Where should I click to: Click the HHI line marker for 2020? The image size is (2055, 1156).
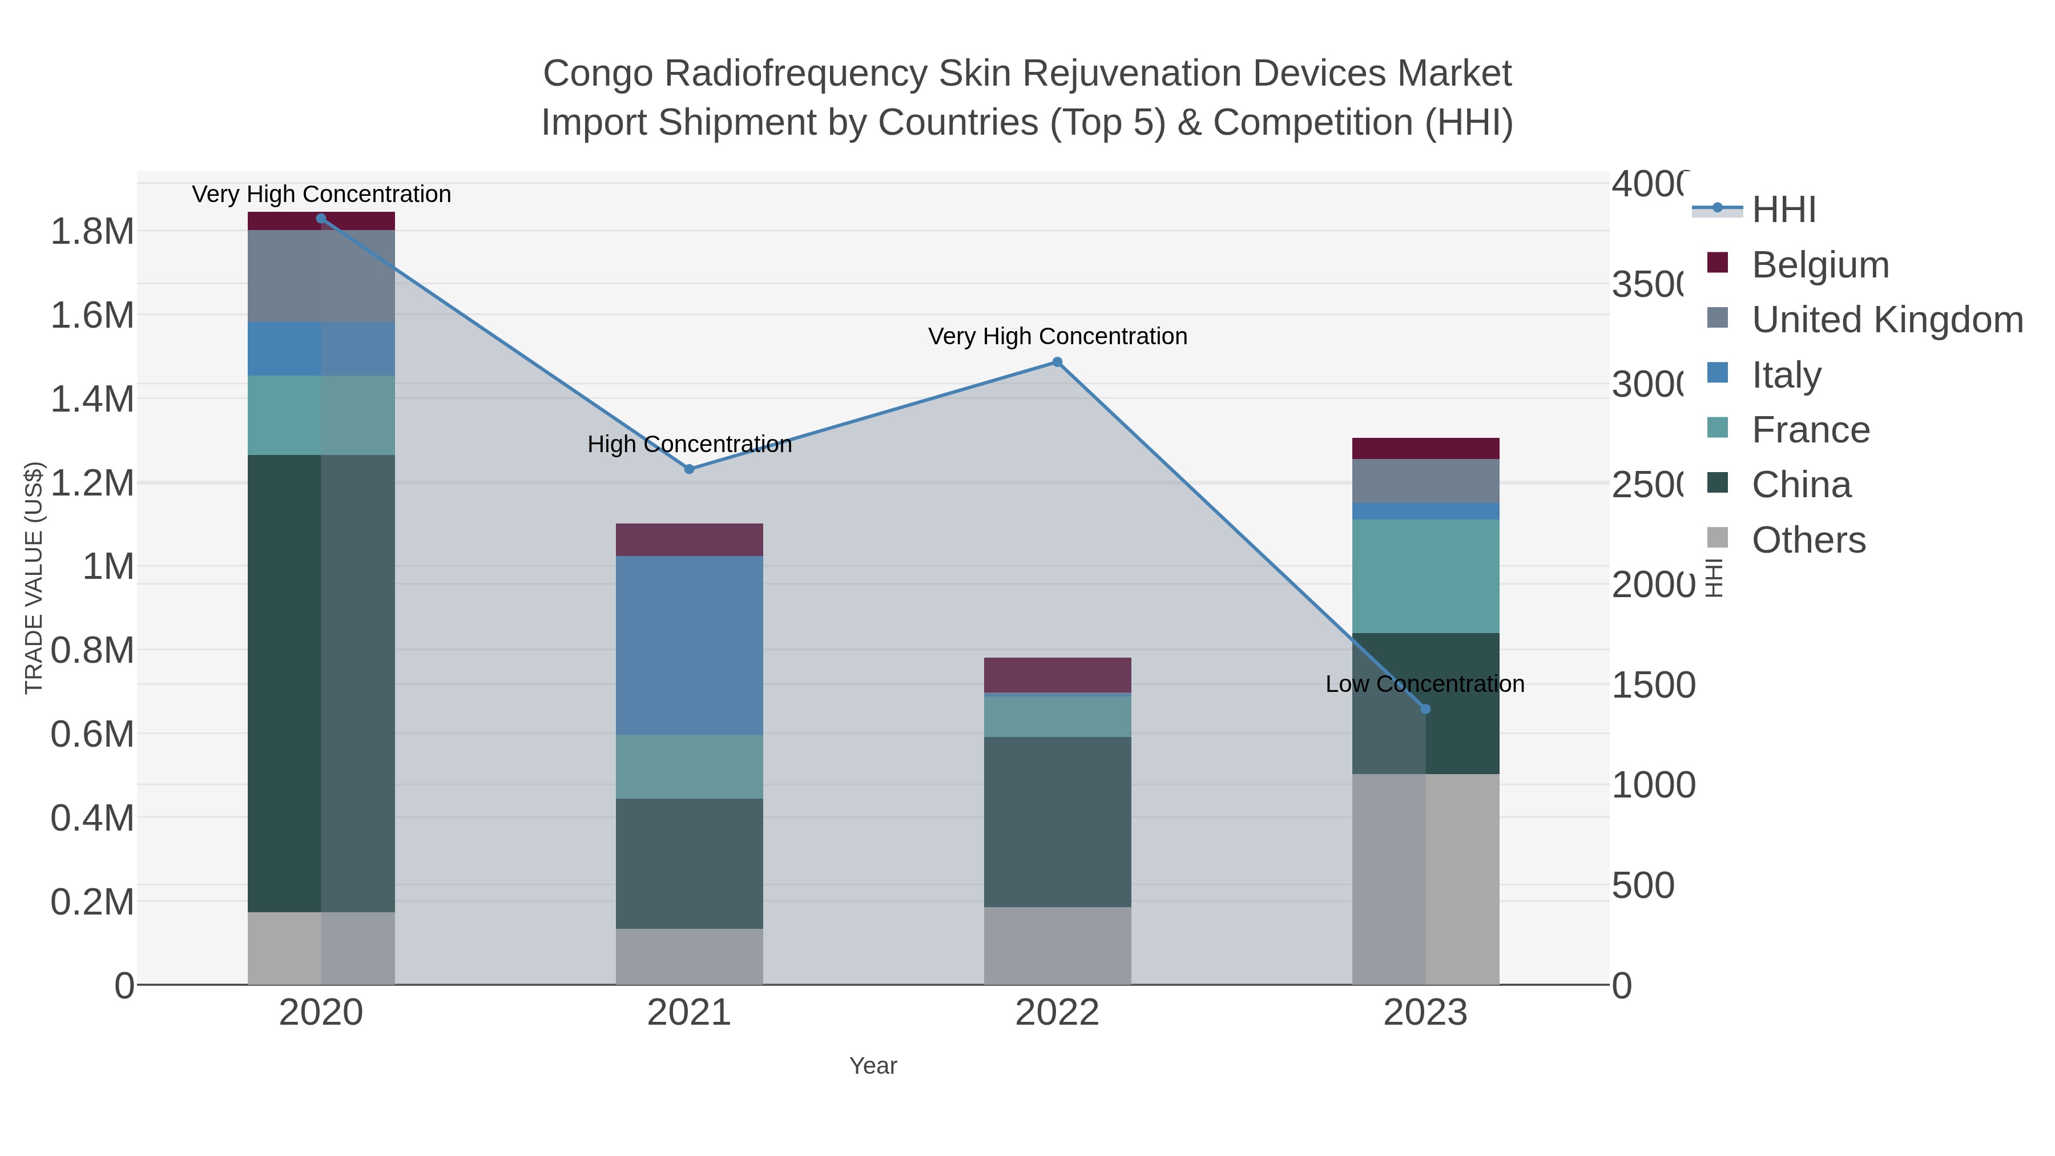pos(321,219)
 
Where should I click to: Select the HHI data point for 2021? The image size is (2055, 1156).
pos(689,469)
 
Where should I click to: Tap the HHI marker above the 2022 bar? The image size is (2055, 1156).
pos(1057,362)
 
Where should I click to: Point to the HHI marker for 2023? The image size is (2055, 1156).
pos(1425,708)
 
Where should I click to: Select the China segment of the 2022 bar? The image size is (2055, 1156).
pos(1057,821)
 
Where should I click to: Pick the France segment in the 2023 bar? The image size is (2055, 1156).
pos(1425,576)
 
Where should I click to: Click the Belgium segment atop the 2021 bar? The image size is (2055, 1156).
pos(689,539)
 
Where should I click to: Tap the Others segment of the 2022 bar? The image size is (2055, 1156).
pos(1057,945)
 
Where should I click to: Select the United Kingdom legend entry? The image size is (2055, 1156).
pos(1887,320)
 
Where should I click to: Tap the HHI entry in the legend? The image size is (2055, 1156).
pos(1784,210)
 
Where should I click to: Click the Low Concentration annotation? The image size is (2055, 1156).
pos(1425,684)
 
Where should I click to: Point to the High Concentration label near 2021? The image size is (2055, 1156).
pos(689,444)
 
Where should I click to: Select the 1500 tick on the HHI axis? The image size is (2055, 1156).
pos(1653,685)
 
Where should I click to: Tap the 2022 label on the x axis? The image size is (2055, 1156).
pos(1057,1013)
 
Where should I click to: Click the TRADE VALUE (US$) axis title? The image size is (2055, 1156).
pos(34,578)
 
